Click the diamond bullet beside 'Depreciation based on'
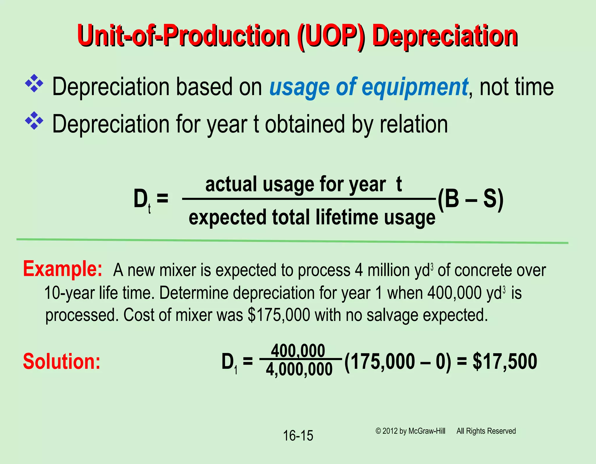click(34, 84)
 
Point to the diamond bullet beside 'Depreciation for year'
click(34, 121)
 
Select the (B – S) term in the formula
click(470, 199)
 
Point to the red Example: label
click(63, 269)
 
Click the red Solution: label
click(62, 361)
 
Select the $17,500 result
click(505, 361)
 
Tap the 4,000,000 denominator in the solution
click(299, 370)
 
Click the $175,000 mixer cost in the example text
click(279, 315)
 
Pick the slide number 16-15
click(298, 436)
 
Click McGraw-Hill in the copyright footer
click(427, 431)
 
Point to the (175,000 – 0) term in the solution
click(398, 361)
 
